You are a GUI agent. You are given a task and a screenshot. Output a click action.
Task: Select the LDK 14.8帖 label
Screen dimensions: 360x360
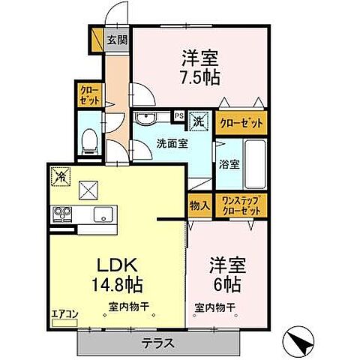pos(115,274)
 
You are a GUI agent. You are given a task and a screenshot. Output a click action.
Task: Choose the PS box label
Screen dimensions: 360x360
pos(179,116)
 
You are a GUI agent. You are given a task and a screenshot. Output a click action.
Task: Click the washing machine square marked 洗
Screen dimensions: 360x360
pos(199,118)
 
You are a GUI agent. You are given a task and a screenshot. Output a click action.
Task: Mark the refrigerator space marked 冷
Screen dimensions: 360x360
pos(59,175)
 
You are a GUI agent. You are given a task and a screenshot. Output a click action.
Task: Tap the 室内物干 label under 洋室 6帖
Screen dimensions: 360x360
pos(214,307)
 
